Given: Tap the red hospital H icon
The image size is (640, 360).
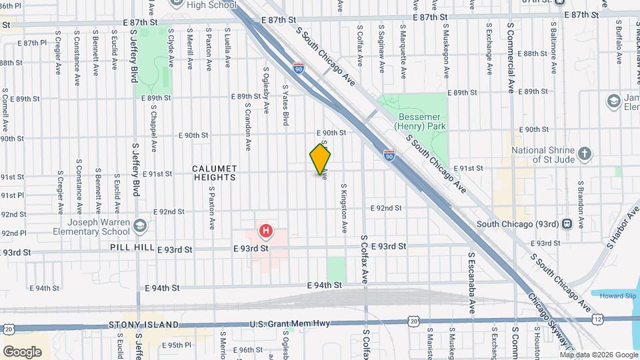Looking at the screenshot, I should tap(266, 231).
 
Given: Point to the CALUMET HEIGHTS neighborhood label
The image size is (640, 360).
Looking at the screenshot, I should tap(215, 173).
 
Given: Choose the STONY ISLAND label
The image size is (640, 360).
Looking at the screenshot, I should tap(134, 325).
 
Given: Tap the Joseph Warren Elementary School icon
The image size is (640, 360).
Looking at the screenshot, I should tap(140, 225).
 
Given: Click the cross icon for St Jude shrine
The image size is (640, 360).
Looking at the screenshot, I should tap(584, 154).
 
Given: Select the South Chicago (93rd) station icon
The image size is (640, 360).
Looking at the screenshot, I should tap(567, 224).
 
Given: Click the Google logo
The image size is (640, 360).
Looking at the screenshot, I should tap(22, 351).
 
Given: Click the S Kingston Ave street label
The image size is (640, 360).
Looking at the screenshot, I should tap(345, 208).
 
